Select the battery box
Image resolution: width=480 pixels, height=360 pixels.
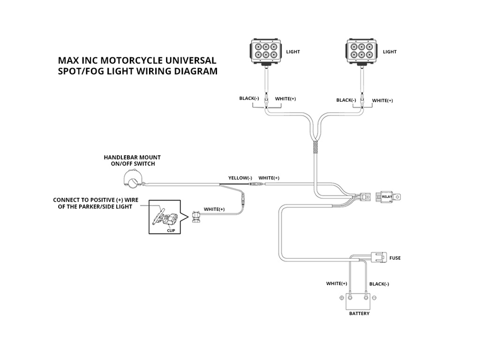coord(359,300)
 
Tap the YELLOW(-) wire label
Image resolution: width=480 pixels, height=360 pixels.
coord(240,178)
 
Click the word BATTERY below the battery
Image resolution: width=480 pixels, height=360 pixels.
coord(359,314)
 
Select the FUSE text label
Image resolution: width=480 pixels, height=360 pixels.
coord(395,258)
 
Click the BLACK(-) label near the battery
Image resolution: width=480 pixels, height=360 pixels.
coord(379,284)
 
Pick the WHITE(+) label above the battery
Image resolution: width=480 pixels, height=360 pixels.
coord(337,284)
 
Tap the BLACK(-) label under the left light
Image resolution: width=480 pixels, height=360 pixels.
coord(249,98)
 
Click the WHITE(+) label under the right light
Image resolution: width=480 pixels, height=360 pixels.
coord(382,100)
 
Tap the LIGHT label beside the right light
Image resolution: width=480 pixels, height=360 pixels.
coord(390,52)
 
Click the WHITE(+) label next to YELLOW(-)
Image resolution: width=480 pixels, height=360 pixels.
coord(269,178)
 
